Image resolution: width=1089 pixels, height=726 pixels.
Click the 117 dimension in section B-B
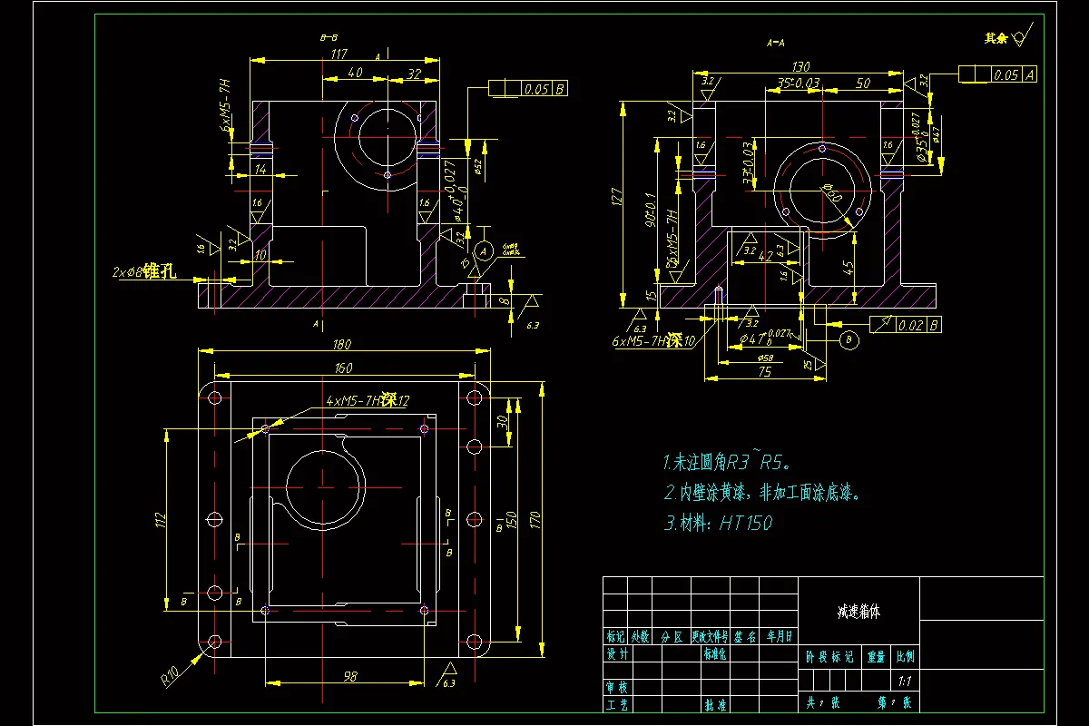[x=339, y=54]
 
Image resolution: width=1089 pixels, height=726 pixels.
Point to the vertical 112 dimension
[x=161, y=520]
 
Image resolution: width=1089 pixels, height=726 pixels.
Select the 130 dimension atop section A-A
[x=800, y=66]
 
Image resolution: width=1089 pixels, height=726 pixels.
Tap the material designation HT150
[x=745, y=523]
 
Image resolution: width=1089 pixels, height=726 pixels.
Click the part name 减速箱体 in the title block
[x=858, y=612]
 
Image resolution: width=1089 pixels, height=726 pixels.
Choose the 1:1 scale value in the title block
[x=904, y=681]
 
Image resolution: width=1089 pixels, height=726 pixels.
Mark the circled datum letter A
[x=484, y=249]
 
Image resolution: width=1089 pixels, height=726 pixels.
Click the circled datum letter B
[x=849, y=340]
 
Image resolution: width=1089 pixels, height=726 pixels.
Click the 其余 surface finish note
[x=996, y=38]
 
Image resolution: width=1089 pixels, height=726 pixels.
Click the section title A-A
[x=776, y=42]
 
